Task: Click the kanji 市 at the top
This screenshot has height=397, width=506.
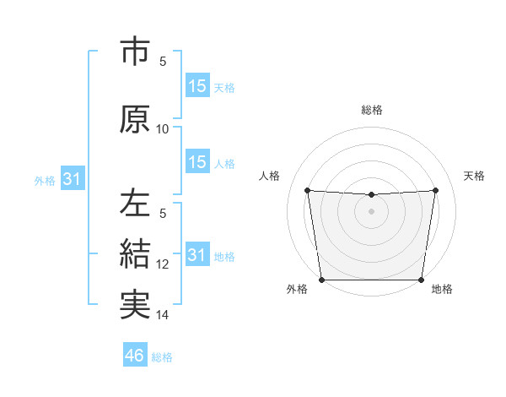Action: (135, 52)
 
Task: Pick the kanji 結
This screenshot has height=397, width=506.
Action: (135, 253)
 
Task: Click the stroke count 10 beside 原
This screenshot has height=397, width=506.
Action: (163, 128)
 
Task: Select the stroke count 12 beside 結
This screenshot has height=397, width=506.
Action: (163, 264)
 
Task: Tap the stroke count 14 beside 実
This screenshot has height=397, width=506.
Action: (163, 315)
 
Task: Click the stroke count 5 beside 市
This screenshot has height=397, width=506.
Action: (163, 61)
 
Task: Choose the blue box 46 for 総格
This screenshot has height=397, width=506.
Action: (134, 356)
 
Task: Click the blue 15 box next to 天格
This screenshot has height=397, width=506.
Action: (196, 86)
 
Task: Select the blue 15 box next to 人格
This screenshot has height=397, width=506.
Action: (196, 162)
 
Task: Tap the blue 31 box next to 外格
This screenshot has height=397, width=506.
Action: (72, 179)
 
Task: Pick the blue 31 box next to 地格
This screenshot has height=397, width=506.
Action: (196, 255)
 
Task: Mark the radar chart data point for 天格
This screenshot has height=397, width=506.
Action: (436, 190)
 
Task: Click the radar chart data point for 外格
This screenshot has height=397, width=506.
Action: (321, 280)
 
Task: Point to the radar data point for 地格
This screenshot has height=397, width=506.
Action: (421, 280)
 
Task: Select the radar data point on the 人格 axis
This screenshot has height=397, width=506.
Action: (307, 190)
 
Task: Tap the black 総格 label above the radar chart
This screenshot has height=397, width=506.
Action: (372, 110)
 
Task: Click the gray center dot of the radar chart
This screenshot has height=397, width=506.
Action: (371, 211)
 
